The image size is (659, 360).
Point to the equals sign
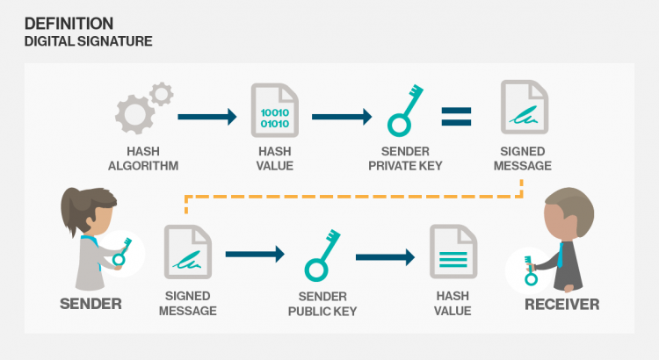point(456,114)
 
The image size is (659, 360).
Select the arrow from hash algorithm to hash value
point(207,115)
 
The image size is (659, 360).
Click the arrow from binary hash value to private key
point(343,115)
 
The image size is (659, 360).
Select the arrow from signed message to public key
point(255,255)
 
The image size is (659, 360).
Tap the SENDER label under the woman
point(91,305)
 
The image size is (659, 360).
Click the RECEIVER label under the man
point(561,305)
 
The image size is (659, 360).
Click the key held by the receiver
point(530,269)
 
